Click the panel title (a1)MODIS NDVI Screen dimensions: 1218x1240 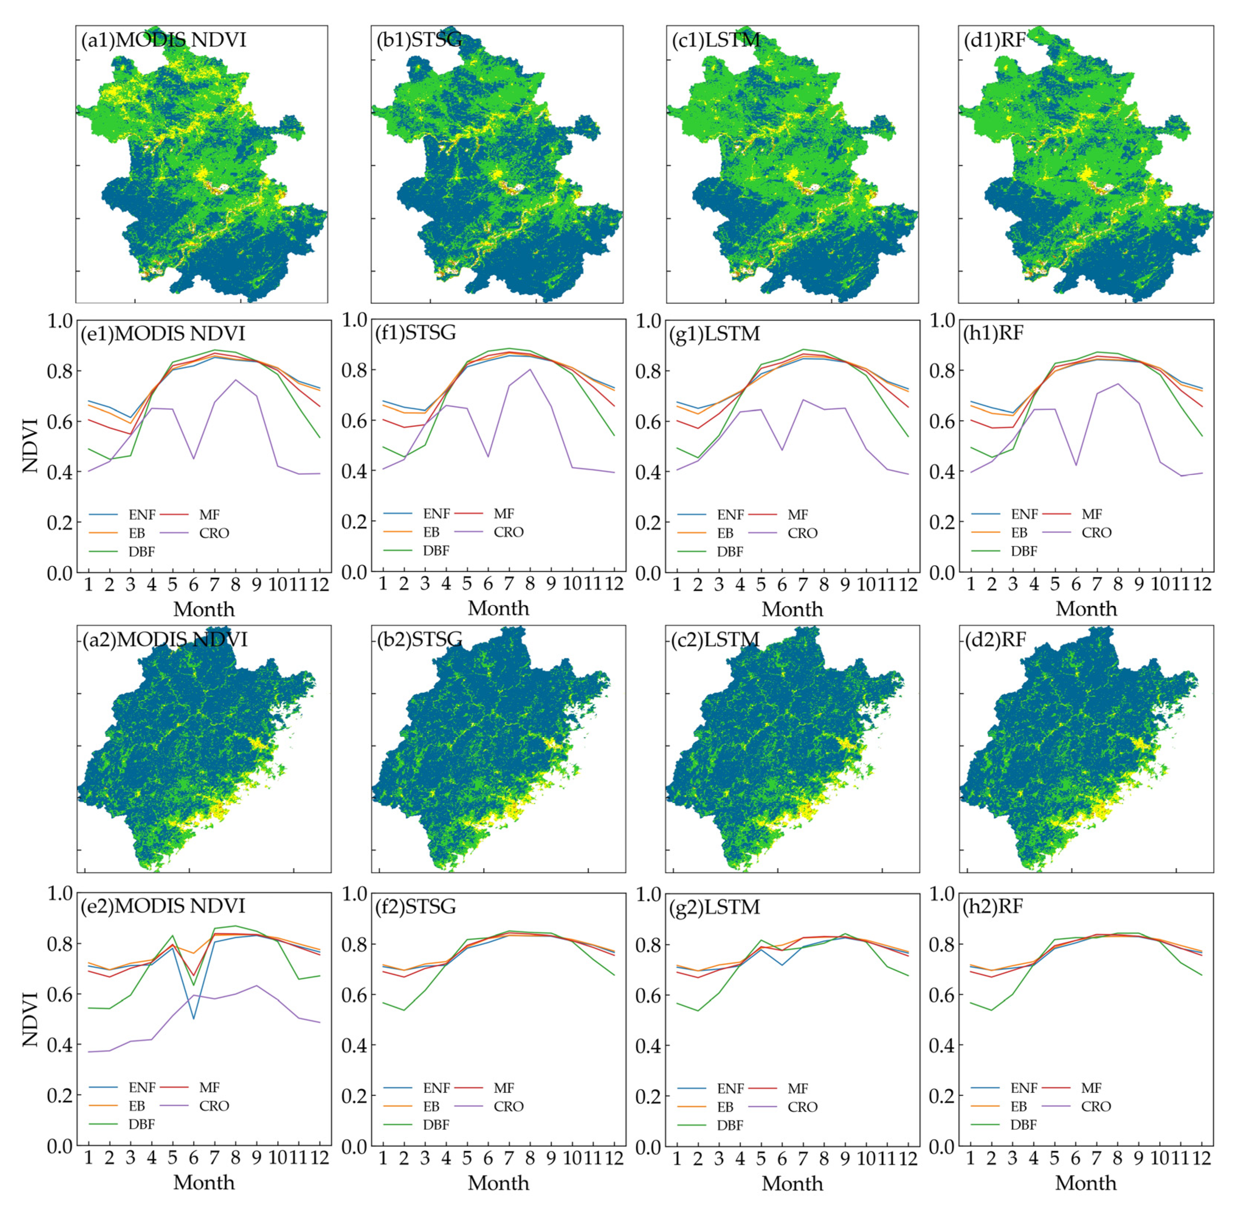[x=163, y=40]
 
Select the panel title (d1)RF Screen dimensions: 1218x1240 [x=995, y=40]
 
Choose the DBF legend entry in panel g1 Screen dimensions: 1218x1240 [x=730, y=552]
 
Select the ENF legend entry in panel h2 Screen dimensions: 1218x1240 [x=1024, y=1088]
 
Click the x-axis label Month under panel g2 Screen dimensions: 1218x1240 [x=792, y=1183]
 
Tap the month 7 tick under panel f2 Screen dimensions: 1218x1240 [x=509, y=1158]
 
